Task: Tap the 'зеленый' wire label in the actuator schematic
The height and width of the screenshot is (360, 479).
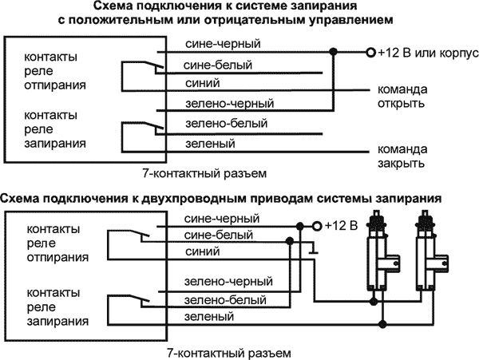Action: point(204,317)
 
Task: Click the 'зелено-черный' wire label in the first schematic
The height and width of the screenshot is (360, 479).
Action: point(218,104)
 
